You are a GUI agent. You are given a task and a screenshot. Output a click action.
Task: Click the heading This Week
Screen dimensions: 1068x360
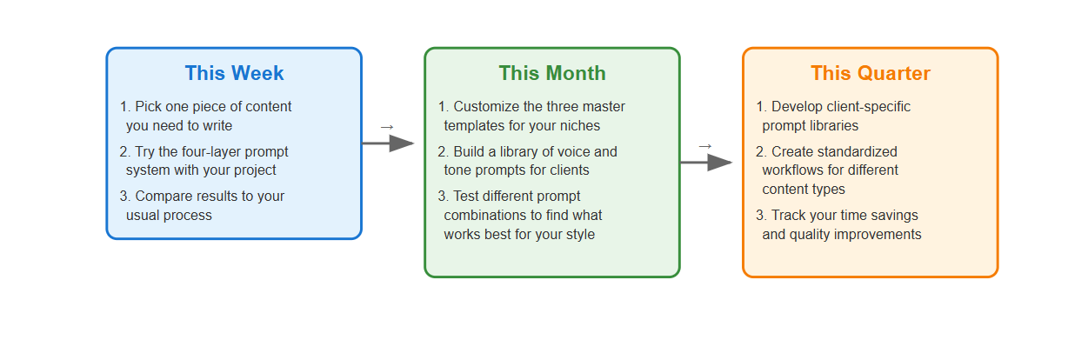click(x=234, y=73)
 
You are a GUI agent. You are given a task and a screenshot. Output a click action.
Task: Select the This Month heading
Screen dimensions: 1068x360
click(x=552, y=73)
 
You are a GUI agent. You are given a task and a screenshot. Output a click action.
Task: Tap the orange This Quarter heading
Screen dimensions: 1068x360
click(x=871, y=73)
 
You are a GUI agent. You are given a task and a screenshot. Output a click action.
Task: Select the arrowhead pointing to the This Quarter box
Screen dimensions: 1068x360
click(x=720, y=163)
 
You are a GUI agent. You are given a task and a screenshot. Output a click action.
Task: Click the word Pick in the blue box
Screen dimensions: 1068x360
click(x=148, y=106)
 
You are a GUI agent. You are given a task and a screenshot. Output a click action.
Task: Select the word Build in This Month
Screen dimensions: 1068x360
click(x=469, y=151)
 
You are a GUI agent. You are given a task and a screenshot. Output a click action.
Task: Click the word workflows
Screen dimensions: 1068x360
click(x=791, y=170)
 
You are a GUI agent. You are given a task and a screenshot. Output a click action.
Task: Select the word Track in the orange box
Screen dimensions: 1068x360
click(x=789, y=215)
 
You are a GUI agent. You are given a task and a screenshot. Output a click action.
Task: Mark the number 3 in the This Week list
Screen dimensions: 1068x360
click(x=123, y=196)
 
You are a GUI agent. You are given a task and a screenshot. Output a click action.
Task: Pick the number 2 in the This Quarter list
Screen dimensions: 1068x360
click(x=759, y=151)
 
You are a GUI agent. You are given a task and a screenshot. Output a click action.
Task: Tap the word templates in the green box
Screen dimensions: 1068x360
click(x=474, y=125)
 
